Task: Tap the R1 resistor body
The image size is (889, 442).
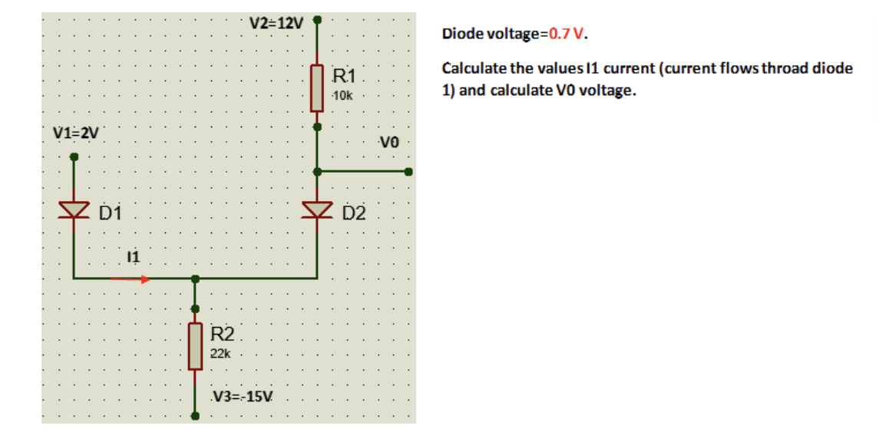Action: [316, 87]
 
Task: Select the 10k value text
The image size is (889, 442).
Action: [343, 94]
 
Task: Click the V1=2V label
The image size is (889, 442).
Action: [75, 132]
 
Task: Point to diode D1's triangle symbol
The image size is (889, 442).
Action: [74, 209]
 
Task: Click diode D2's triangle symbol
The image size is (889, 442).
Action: [316, 209]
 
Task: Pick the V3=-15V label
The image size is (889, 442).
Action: [243, 397]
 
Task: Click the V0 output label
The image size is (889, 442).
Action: [389, 142]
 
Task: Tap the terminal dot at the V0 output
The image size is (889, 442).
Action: [409, 172]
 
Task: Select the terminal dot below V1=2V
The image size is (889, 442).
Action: [74, 157]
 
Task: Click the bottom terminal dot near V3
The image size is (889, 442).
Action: [195, 417]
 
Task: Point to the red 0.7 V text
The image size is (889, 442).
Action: [567, 35]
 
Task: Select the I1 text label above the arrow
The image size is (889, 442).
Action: [133, 257]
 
